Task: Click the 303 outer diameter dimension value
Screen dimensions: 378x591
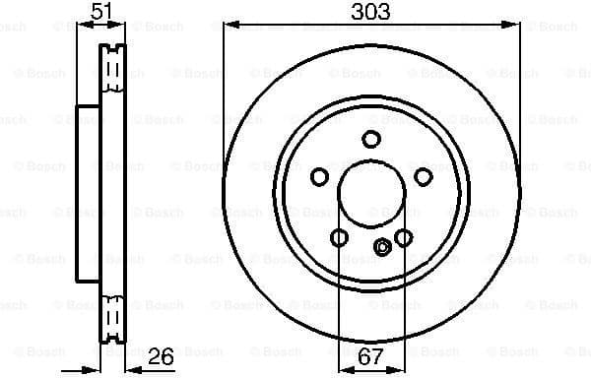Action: click(370, 12)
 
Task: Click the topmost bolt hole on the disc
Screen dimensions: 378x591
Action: click(371, 139)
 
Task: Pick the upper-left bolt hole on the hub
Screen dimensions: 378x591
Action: click(319, 176)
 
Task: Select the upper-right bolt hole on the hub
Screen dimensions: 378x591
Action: click(424, 176)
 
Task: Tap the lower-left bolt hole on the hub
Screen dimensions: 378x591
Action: click(339, 237)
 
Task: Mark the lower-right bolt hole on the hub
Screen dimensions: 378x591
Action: click(404, 237)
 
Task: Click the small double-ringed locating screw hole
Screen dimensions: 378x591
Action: click(382, 247)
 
